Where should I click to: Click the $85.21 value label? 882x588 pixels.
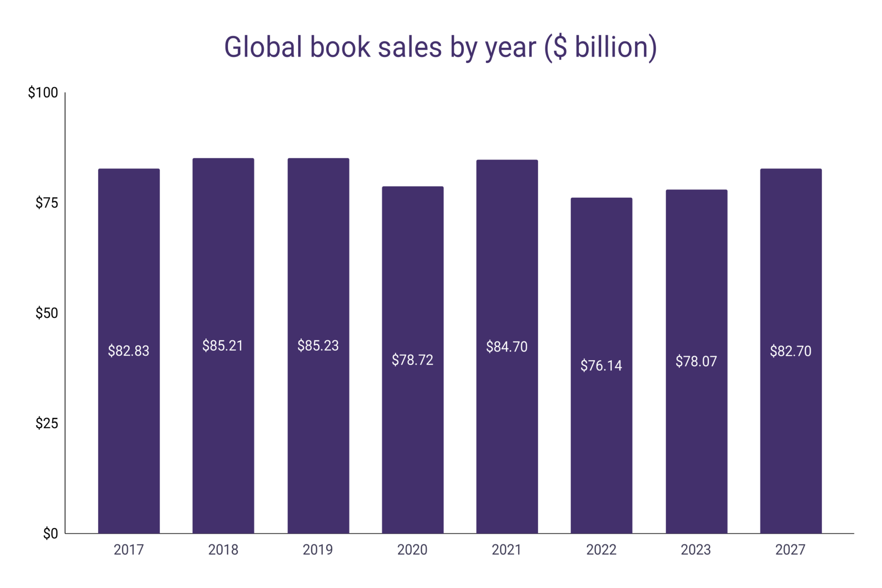[223, 345]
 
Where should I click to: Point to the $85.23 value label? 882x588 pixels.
[318, 345]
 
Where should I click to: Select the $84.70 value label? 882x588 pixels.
[506, 347]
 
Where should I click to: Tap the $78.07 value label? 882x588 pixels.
[696, 361]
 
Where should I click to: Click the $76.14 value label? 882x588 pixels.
[601, 366]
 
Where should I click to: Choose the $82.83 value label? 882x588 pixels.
[128, 351]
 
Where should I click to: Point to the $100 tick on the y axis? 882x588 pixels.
[43, 93]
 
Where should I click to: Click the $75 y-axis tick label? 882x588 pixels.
[47, 203]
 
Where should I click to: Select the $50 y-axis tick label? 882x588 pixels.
[47, 313]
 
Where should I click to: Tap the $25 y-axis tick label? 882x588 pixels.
[47, 423]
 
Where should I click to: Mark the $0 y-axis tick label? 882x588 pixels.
[50, 534]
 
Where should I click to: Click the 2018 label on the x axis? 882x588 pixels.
[223, 550]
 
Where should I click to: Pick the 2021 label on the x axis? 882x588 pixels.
[506, 550]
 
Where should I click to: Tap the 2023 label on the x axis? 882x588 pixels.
[696, 550]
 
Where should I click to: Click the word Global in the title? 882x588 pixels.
[263, 47]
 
